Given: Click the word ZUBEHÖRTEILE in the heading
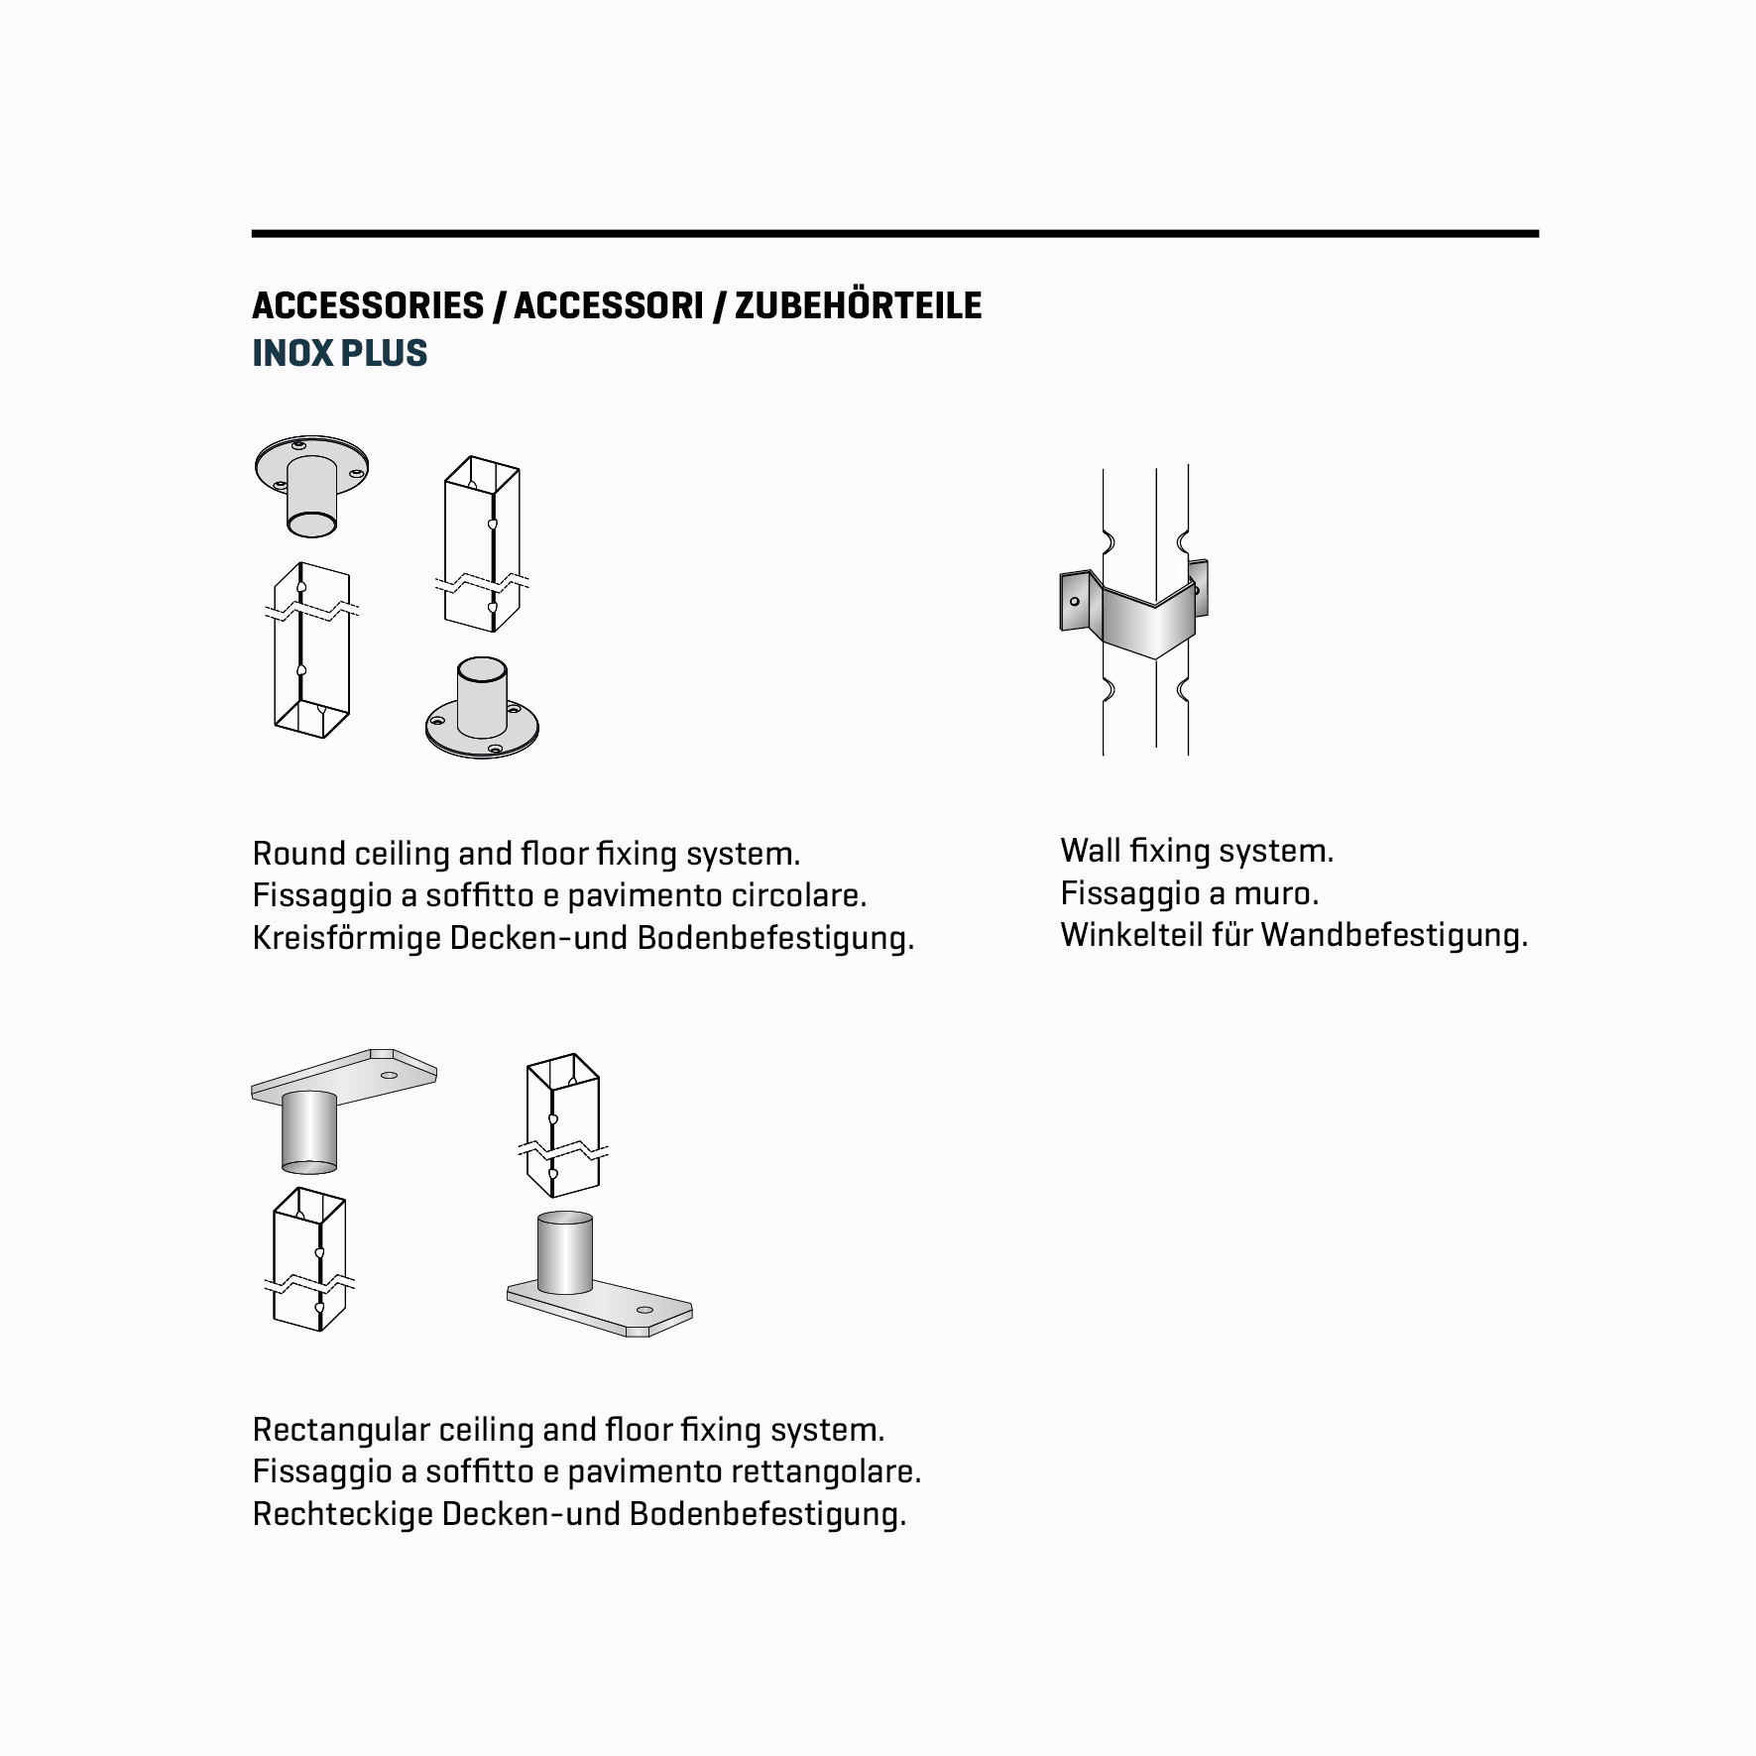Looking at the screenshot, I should pyautogui.click(x=858, y=305).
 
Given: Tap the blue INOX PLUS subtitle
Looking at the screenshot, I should pyautogui.click(x=339, y=353).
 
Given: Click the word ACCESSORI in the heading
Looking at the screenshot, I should pyautogui.click(x=608, y=305).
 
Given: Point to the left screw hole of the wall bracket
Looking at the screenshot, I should pyautogui.click(x=1074, y=601).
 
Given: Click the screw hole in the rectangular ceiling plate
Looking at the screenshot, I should pyautogui.click(x=389, y=1075).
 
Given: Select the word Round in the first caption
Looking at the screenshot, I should pyautogui.click(x=298, y=854).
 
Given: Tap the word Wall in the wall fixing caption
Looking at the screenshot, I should pyautogui.click(x=1091, y=851).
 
